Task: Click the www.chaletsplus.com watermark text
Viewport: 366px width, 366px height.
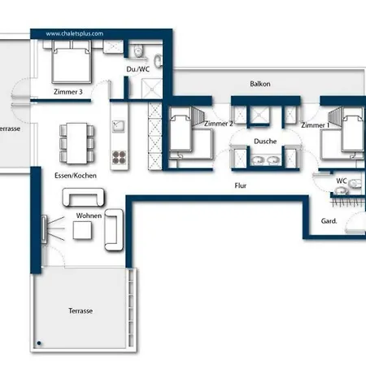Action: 74,34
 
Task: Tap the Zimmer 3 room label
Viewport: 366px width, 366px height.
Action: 68,92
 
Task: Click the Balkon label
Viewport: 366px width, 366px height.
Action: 260,84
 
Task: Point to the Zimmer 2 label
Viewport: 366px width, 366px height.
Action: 219,124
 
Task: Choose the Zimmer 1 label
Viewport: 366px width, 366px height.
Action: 315,125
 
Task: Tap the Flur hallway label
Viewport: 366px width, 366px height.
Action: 241,185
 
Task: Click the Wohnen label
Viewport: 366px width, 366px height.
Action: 89,216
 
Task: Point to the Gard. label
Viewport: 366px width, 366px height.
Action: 329,220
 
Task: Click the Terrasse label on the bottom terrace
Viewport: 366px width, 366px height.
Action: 80,311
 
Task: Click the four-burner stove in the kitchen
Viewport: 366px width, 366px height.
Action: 119,155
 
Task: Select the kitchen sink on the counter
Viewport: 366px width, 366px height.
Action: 119,126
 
